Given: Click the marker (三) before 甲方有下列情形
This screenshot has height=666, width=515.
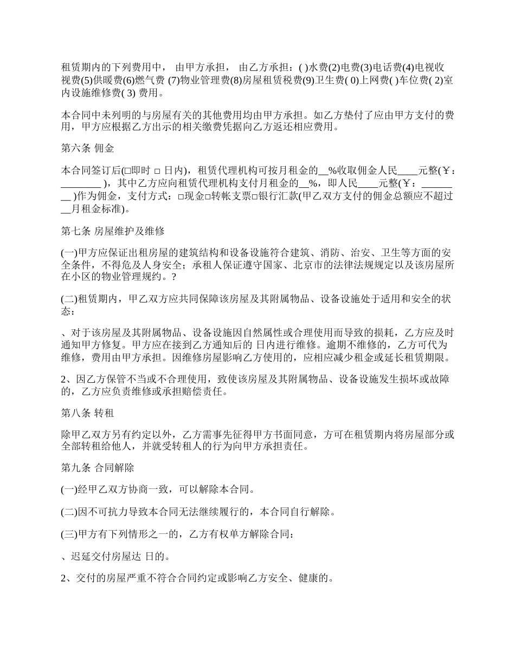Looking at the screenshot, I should point(69,534).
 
